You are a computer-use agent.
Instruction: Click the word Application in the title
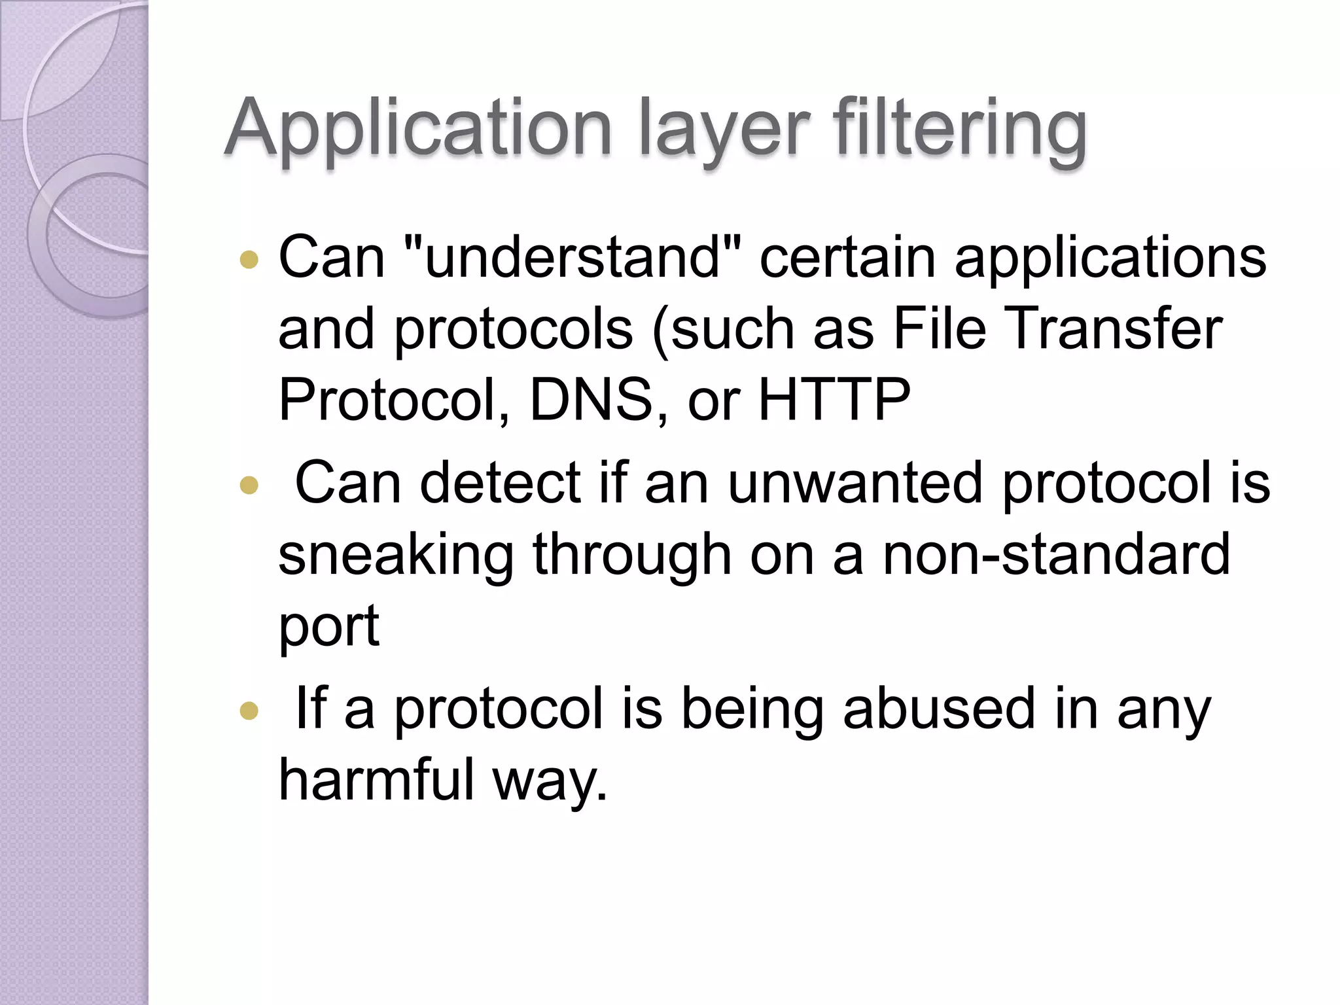coord(418,129)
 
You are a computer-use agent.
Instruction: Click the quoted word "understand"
coord(573,257)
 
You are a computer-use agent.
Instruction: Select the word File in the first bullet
coord(939,328)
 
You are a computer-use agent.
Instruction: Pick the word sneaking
coord(396,555)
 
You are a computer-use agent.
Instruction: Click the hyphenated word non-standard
coord(1056,555)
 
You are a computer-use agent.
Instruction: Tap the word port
coord(328,627)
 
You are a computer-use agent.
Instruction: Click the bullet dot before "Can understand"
coord(249,260)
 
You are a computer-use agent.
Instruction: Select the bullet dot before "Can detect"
coord(249,485)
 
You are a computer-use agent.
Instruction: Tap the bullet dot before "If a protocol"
coord(249,711)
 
